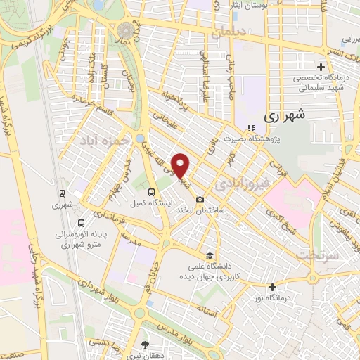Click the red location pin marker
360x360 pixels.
click(x=181, y=166)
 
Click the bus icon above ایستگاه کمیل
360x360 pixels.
click(x=151, y=191)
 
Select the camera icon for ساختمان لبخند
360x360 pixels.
click(x=200, y=199)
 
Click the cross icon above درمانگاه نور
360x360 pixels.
click(x=273, y=286)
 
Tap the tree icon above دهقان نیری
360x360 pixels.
click(x=146, y=345)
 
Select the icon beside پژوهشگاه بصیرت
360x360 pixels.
click(x=251, y=129)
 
